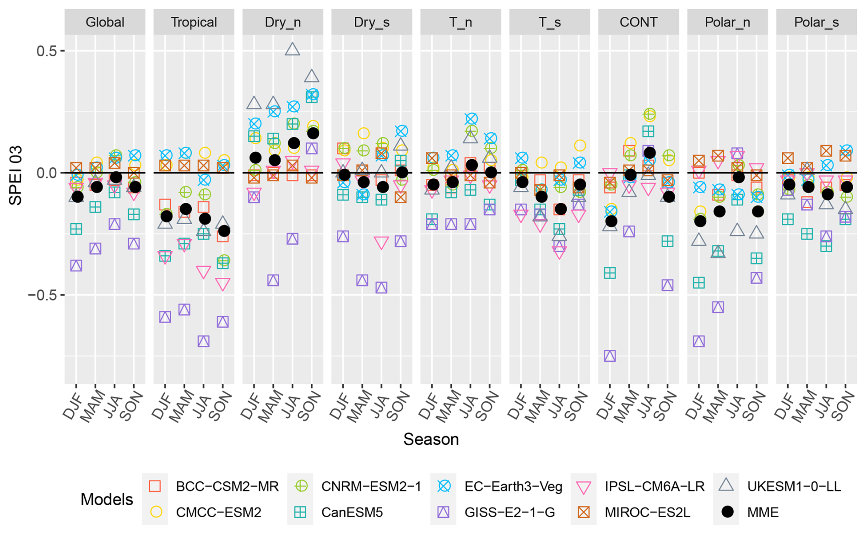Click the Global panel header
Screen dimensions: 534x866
pyautogui.click(x=105, y=22)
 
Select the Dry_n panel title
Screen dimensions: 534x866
pyautogui.click(x=282, y=22)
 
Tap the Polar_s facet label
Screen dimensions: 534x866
pyautogui.click(x=816, y=22)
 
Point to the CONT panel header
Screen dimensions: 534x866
pyautogui.click(x=638, y=22)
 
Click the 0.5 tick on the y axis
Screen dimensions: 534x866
pyautogui.click(x=46, y=50)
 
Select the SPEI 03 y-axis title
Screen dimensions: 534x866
pyautogui.click(x=16, y=173)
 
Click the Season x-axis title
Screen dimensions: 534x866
pyautogui.click(x=431, y=439)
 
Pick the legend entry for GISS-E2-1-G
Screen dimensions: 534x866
pyautogui.click(x=509, y=512)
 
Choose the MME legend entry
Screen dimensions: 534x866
pyautogui.click(x=763, y=512)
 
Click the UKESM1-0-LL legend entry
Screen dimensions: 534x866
pyautogui.click(x=794, y=486)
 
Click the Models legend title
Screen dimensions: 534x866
pyautogui.click(x=107, y=500)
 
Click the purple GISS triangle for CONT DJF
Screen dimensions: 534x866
pyautogui.click(x=610, y=356)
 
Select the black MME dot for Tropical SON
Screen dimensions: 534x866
pyautogui.click(x=224, y=231)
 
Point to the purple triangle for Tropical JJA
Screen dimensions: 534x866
pyautogui.click(x=204, y=341)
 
